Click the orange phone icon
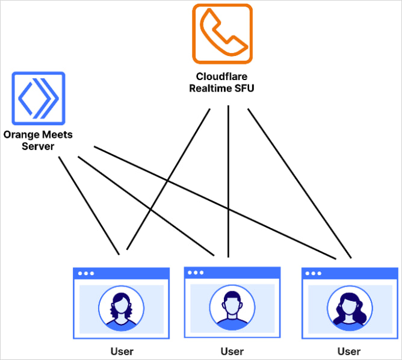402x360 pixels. (x=222, y=34)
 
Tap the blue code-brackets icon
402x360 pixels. (x=38, y=97)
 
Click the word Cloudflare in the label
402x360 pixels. (x=222, y=76)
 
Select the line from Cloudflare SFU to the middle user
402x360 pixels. (x=228, y=181)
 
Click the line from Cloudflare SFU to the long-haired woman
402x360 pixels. (x=298, y=181)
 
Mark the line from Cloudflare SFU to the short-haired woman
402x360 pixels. (x=169, y=181)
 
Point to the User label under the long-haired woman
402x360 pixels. (x=348, y=351)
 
